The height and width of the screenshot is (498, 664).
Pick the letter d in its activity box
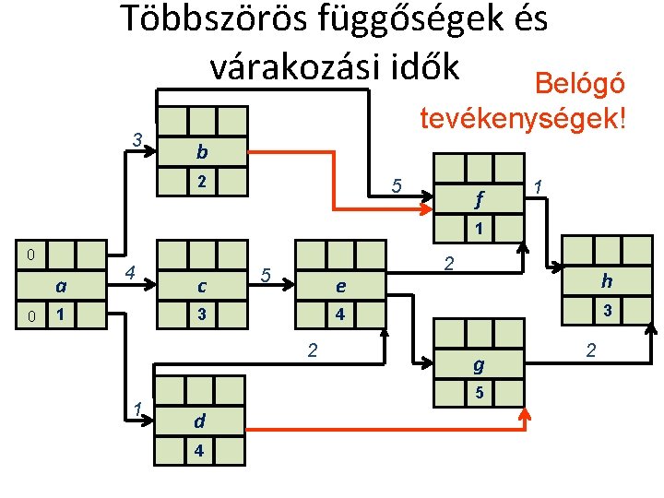click(x=199, y=423)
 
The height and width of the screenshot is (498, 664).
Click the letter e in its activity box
click(x=340, y=287)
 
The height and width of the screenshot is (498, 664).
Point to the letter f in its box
click(x=479, y=198)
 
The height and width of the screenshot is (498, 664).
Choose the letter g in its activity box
click(x=479, y=365)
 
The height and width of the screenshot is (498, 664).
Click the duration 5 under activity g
click(x=479, y=394)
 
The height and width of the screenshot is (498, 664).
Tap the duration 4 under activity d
click(x=199, y=451)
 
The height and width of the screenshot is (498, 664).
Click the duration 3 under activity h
click(x=606, y=311)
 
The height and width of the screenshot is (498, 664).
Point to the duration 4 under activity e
click(x=340, y=314)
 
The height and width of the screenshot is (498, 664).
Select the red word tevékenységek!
click(x=523, y=118)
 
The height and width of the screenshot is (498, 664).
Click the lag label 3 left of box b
click(x=136, y=140)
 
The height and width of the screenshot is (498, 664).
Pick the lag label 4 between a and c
click(x=131, y=273)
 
